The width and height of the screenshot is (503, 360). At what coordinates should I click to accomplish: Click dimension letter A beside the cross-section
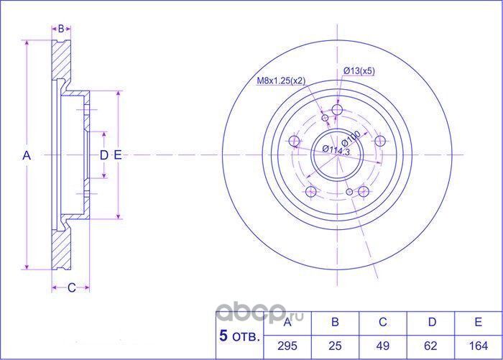tap(27, 155)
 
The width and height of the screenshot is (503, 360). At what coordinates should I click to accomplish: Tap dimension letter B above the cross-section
tap(61, 29)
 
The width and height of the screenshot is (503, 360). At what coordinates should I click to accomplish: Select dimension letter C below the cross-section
tap(71, 288)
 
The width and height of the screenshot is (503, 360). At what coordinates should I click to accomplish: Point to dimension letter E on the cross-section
tap(117, 155)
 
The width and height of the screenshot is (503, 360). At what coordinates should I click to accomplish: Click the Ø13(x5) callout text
tap(358, 70)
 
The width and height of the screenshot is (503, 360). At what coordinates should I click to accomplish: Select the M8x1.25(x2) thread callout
tap(281, 80)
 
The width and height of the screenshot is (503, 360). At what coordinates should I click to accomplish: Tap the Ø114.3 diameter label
tap(335, 150)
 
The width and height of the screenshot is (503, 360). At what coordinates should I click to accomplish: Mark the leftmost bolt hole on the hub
tap(293, 142)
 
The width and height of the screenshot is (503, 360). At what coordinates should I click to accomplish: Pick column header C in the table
tap(383, 321)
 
